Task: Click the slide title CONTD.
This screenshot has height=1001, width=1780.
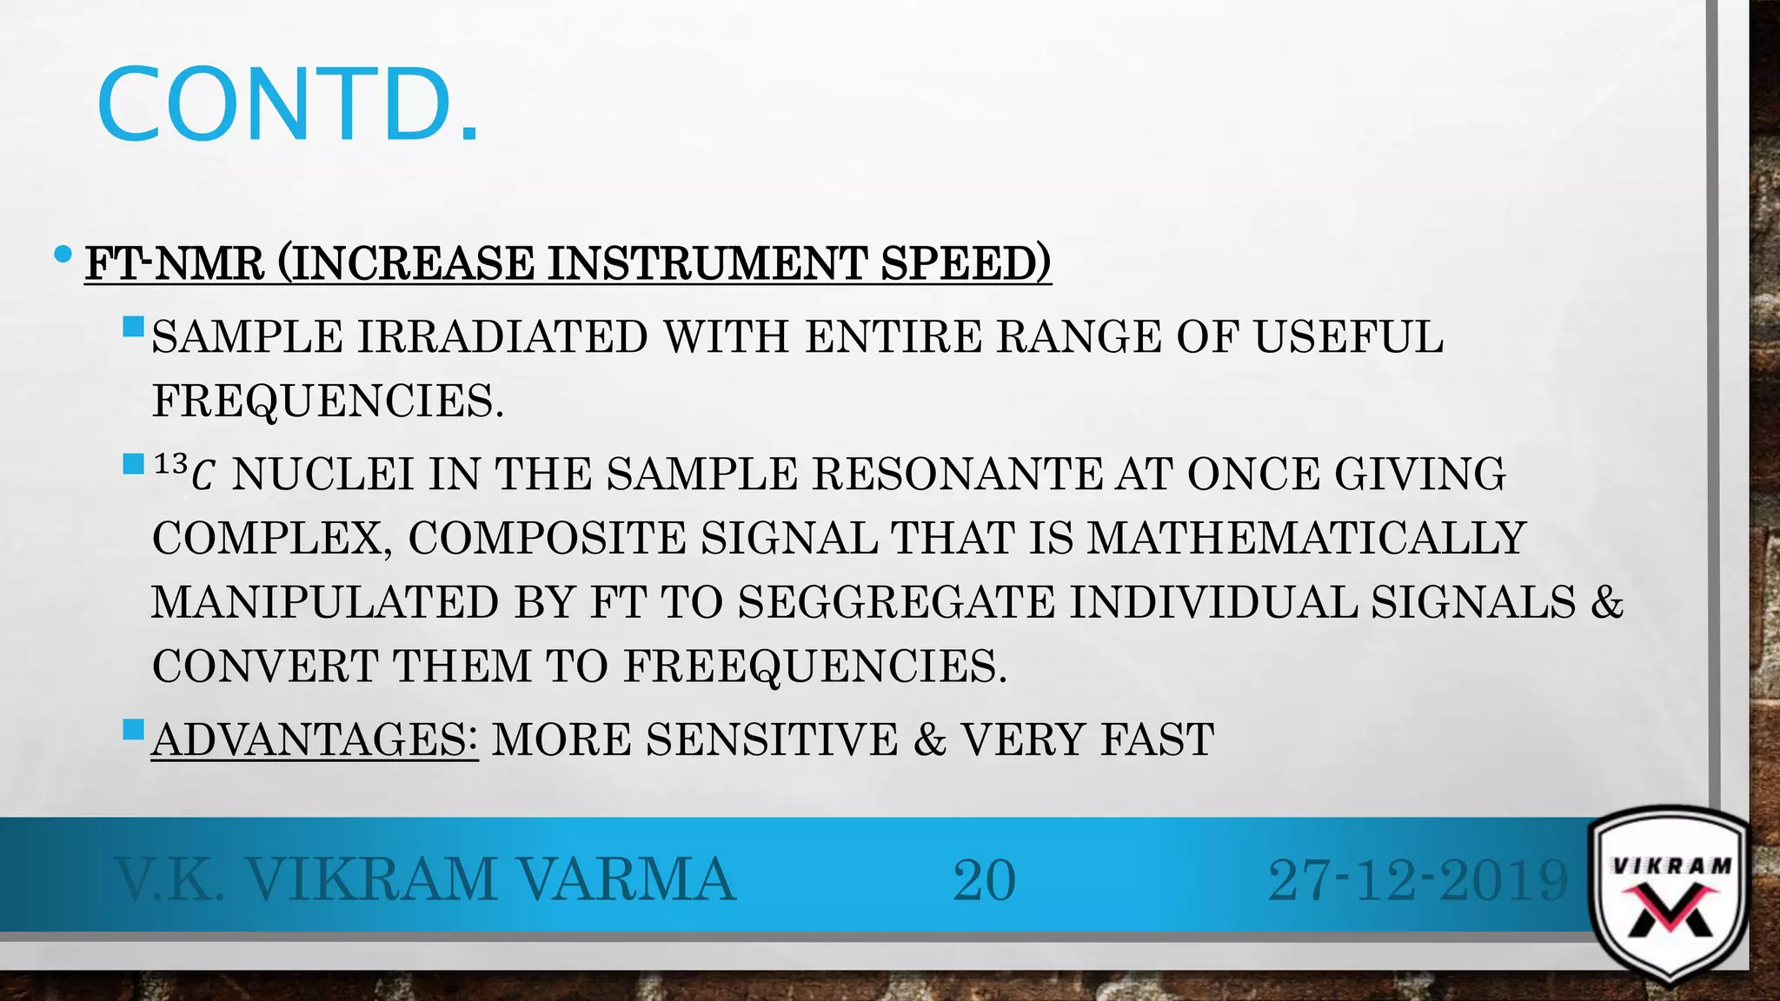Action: [288, 105]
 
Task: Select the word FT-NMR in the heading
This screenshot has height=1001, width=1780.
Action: [175, 263]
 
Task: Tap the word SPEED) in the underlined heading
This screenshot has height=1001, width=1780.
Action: [966, 263]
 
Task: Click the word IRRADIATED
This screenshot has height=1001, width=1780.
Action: [502, 337]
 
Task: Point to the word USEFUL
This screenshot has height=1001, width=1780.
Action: [1348, 337]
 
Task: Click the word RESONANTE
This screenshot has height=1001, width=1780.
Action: [957, 474]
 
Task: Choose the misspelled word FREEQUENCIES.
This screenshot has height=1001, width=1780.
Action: [814, 666]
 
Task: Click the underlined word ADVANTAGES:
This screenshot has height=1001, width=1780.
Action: [314, 740]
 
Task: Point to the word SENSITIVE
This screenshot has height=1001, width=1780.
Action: [772, 740]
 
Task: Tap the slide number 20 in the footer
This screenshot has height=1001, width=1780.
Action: [984, 880]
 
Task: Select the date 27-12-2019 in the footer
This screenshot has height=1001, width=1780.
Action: [1418, 880]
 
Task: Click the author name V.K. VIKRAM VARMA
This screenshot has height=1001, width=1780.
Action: [426, 880]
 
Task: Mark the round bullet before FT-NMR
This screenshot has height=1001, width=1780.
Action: [63, 255]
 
